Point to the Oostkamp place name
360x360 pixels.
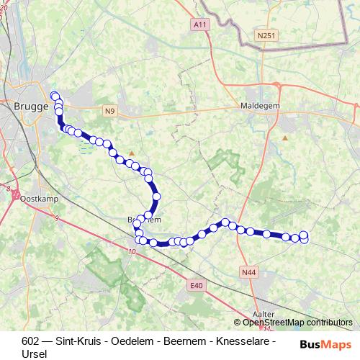(x=38, y=198)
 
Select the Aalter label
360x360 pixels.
(x=265, y=313)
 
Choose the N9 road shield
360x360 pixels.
(x=109, y=111)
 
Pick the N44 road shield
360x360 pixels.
(x=249, y=272)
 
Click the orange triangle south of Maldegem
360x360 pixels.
(x=285, y=137)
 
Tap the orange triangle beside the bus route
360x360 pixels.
(x=131, y=153)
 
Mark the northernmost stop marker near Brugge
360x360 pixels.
(x=54, y=95)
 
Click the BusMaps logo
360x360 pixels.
(x=326, y=343)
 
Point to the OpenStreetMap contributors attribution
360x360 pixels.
(x=297, y=323)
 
